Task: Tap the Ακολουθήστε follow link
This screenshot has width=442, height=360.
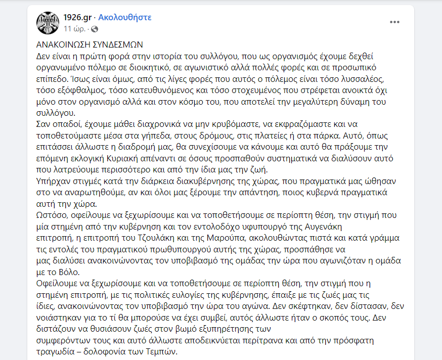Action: [x=124, y=18]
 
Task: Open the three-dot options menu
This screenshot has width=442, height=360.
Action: [x=394, y=22]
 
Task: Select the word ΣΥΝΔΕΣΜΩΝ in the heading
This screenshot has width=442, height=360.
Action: [x=118, y=44]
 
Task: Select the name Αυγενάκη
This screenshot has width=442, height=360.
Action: [x=340, y=226]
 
